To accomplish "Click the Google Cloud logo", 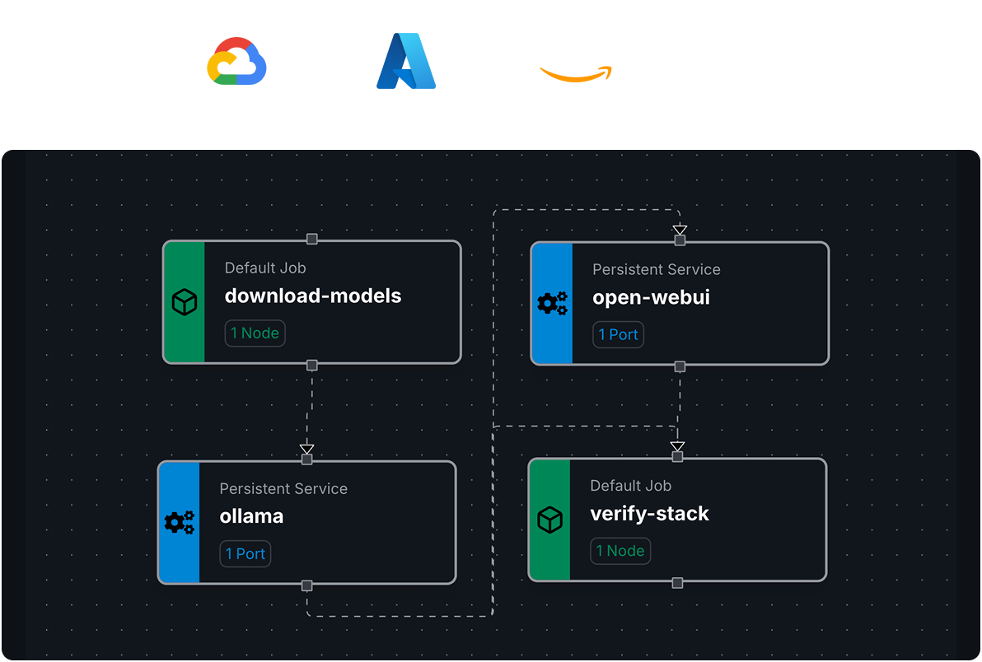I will (x=236, y=62).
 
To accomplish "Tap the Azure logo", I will (x=406, y=61).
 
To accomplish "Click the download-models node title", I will (x=313, y=296).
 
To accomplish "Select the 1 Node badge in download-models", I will (x=255, y=333).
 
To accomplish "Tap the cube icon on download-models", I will (x=185, y=303).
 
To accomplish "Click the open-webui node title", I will (x=651, y=297).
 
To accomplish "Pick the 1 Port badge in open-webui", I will (x=618, y=334).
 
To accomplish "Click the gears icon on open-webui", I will (x=552, y=304).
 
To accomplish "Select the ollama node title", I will (x=251, y=516).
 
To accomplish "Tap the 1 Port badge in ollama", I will (x=245, y=554).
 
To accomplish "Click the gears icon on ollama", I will (x=180, y=522).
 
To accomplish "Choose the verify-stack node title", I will (x=649, y=514).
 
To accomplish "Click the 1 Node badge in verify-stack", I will (x=620, y=552).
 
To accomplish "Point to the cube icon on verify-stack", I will (x=549, y=520).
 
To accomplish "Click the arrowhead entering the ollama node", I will (x=307, y=449).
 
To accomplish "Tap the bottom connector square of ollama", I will (x=307, y=585).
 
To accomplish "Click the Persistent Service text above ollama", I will (x=283, y=489).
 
